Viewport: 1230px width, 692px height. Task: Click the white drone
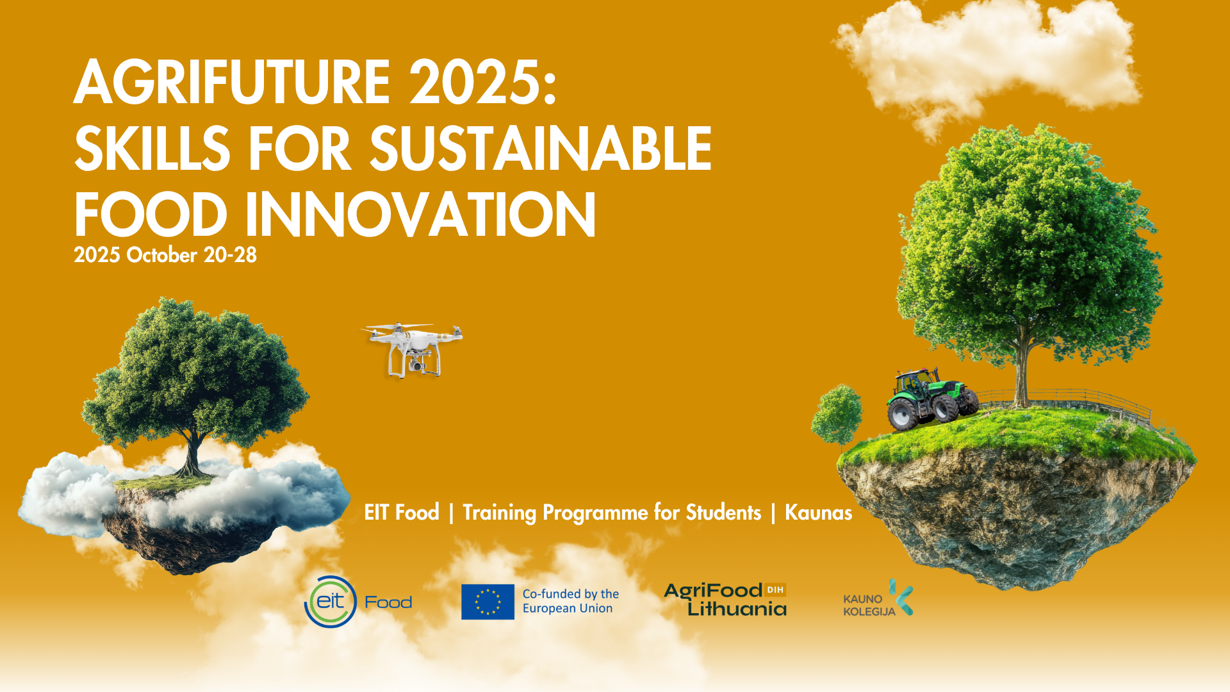(x=414, y=349)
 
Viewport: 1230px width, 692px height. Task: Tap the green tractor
(x=932, y=398)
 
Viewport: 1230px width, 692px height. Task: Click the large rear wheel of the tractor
(x=903, y=414)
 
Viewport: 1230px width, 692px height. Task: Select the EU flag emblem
(x=488, y=602)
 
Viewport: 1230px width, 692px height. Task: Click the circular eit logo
(x=330, y=602)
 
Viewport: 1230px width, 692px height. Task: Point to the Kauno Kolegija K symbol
(x=901, y=597)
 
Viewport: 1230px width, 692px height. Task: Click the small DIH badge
(x=775, y=589)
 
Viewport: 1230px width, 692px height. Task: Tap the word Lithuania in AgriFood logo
(x=737, y=608)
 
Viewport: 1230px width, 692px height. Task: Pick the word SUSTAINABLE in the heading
(x=541, y=148)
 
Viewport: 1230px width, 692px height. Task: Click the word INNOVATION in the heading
(x=420, y=214)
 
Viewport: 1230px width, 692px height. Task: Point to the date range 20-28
(x=230, y=255)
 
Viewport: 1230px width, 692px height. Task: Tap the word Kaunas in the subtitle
(x=818, y=513)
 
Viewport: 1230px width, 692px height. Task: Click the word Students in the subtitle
(x=723, y=513)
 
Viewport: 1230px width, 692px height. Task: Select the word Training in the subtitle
(x=499, y=513)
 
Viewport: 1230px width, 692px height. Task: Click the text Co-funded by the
(x=571, y=594)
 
